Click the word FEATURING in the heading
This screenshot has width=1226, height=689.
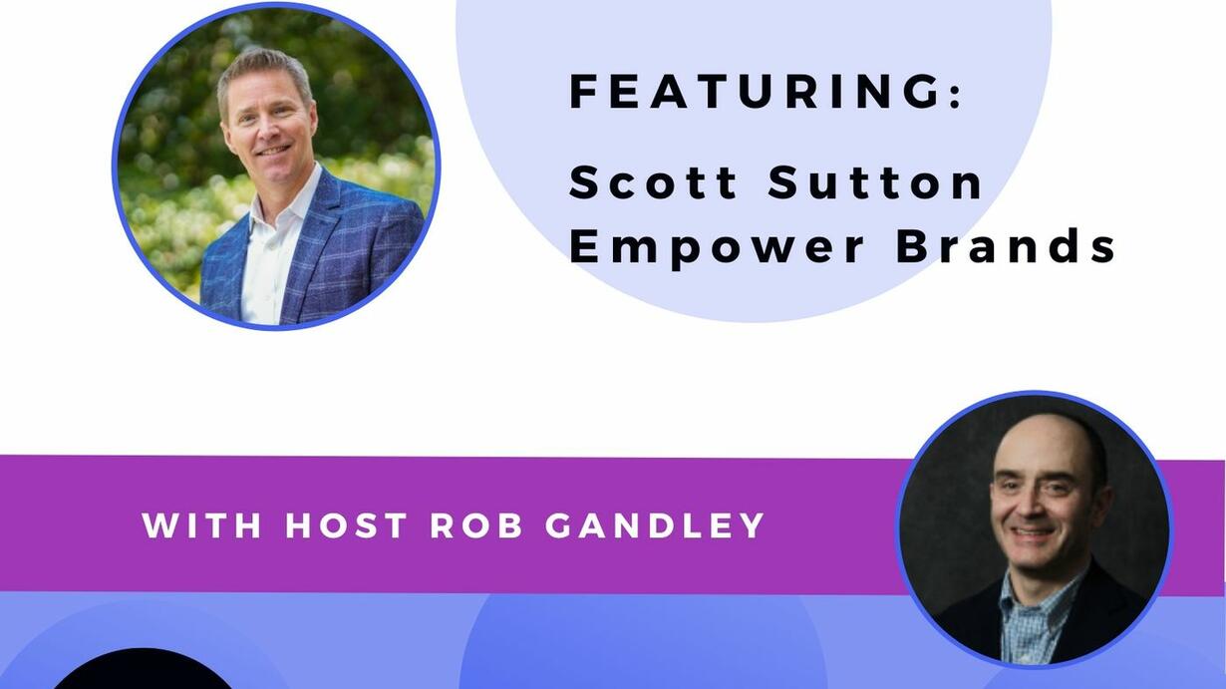(755, 92)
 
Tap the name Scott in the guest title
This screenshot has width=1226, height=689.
(654, 182)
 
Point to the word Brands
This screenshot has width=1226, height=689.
(1006, 246)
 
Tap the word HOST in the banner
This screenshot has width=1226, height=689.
(346, 525)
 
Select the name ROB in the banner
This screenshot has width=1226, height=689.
(476, 525)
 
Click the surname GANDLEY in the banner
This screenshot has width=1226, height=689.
(655, 525)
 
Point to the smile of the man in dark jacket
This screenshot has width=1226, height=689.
(1031, 531)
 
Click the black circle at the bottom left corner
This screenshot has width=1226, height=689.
(144, 671)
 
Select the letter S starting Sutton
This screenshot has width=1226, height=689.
(783, 182)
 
